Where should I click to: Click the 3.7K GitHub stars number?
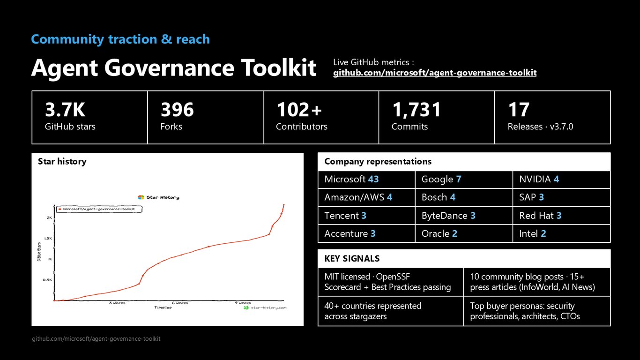(65, 110)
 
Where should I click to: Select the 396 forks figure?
(177, 110)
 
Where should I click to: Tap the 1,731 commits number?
(417, 110)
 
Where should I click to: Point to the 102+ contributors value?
(299, 110)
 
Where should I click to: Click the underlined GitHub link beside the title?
(435, 73)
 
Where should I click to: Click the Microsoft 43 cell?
(366, 180)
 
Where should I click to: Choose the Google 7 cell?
(464, 180)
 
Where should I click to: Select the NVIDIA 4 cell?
(561, 180)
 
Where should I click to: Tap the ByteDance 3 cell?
(464, 216)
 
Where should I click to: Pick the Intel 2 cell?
(561, 233)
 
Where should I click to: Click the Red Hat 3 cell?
(561, 216)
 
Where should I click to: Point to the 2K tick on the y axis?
(49, 218)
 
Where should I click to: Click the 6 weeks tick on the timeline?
(180, 303)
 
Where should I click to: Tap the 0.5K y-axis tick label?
(47, 280)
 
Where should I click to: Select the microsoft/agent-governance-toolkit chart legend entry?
(99, 209)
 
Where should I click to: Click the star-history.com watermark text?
(268, 308)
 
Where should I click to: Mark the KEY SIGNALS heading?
(352, 259)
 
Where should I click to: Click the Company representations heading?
(378, 162)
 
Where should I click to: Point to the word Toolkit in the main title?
(279, 68)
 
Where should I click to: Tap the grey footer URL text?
(96, 339)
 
